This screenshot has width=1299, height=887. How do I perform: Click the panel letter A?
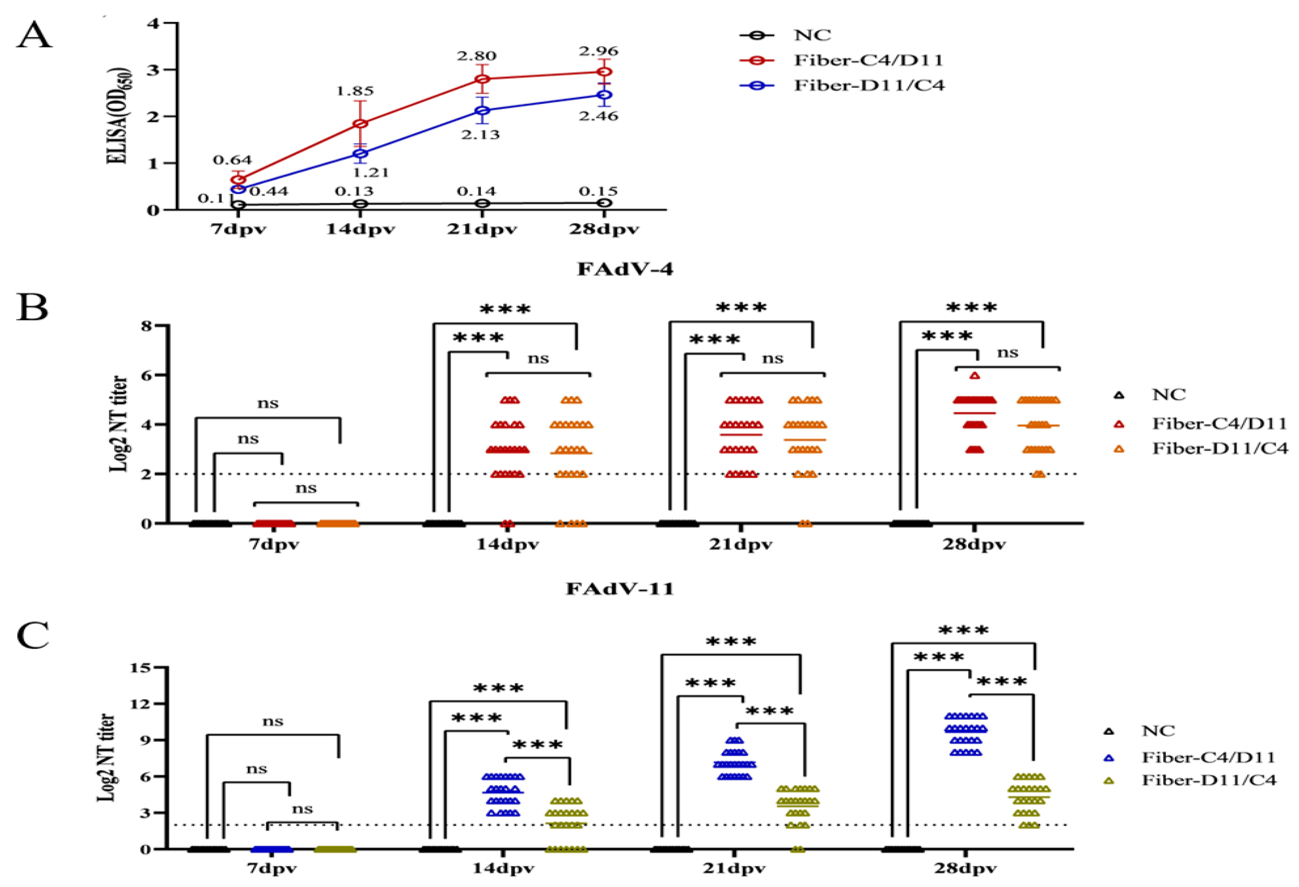[x=35, y=36]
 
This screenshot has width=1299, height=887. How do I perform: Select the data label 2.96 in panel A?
[x=599, y=52]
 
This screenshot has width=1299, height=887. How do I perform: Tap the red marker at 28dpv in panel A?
[x=604, y=72]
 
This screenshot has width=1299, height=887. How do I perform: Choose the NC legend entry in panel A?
[x=812, y=35]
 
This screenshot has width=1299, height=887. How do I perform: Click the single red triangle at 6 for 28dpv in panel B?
[x=975, y=376]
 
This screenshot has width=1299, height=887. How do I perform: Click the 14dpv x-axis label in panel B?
[x=507, y=544]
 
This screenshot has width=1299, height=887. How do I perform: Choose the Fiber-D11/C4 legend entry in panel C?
[x=1209, y=780]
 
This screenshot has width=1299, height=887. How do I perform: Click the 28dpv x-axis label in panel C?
[x=965, y=869]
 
